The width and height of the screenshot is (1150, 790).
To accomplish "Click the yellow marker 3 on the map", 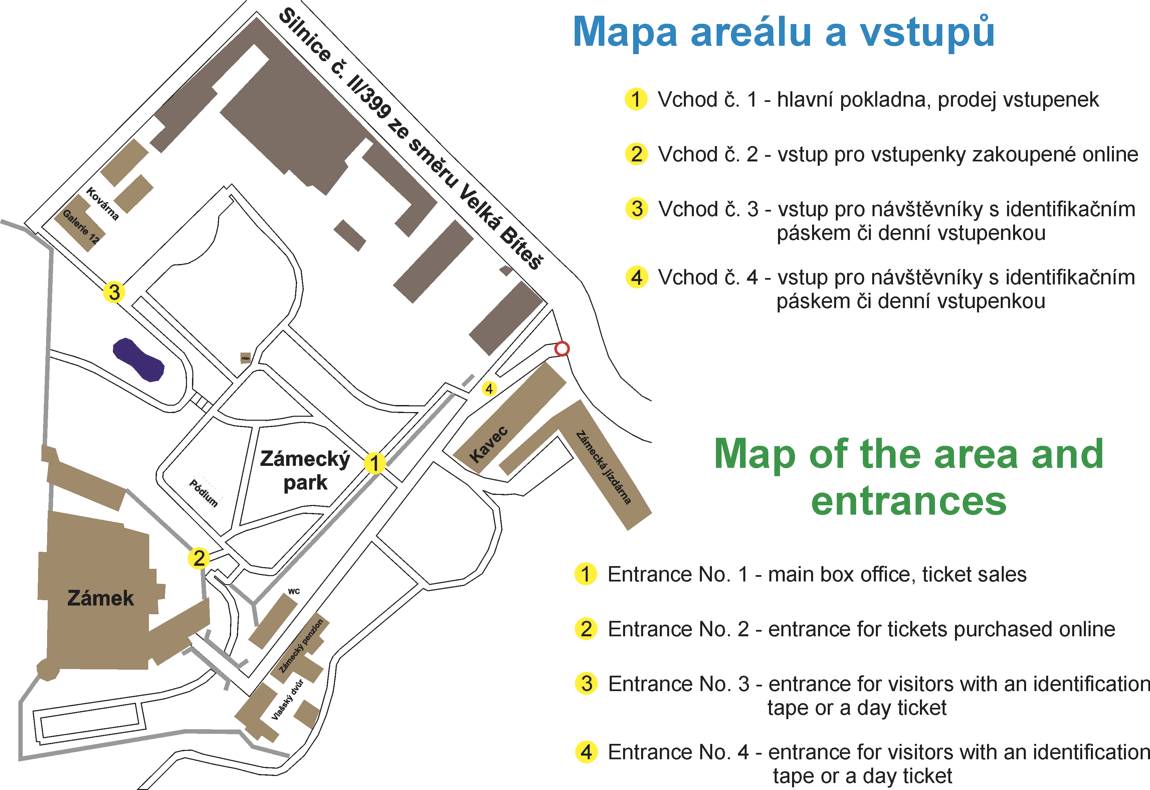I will pyautogui.click(x=114, y=292).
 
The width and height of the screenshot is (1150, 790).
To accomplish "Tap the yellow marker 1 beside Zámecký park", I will pyautogui.click(x=375, y=463).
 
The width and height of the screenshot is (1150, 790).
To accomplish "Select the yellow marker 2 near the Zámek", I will pyautogui.click(x=199, y=558).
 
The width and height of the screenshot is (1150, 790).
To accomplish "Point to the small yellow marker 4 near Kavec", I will pyautogui.click(x=490, y=389).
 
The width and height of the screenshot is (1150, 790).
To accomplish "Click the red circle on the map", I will pyautogui.click(x=562, y=349).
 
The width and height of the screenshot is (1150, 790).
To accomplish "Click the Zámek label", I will pyautogui.click(x=101, y=598).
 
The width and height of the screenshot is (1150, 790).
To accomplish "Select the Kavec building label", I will pyautogui.click(x=489, y=444).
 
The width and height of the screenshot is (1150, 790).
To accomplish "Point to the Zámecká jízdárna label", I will pyautogui.click(x=604, y=468).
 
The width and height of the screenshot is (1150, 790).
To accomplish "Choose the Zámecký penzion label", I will pyautogui.click(x=301, y=646).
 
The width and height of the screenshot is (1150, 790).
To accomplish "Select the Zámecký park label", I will pyautogui.click(x=305, y=471).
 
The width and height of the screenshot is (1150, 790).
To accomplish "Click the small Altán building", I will pyautogui.click(x=245, y=358).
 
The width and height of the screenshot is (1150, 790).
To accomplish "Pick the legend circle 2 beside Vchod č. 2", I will pyautogui.click(x=636, y=154).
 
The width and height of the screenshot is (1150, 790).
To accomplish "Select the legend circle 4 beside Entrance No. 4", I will pyautogui.click(x=586, y=752).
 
